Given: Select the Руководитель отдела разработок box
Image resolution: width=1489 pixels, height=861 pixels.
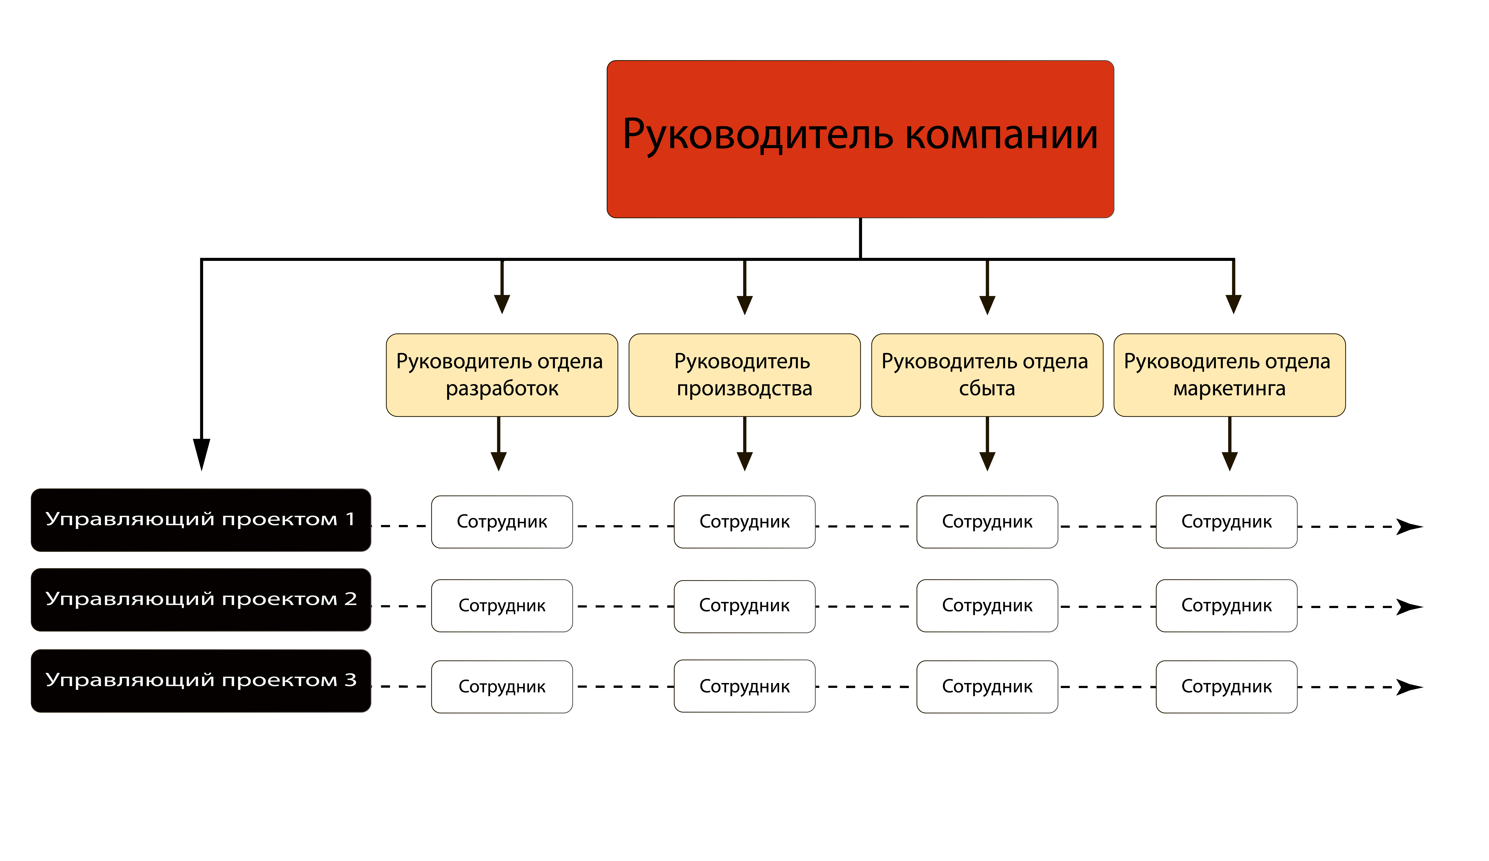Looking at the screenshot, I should coord(502,375).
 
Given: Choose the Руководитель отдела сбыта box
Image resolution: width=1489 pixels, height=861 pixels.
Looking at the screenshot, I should coord(987,375).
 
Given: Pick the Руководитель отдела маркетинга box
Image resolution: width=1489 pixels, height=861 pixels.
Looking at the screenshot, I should coord(1229,375).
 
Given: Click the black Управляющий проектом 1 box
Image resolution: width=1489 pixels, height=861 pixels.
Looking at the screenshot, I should coord(201,520).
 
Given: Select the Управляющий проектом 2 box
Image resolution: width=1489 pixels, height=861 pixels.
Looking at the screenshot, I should coord(201,599).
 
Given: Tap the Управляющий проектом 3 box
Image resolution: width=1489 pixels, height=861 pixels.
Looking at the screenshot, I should coord(201,680).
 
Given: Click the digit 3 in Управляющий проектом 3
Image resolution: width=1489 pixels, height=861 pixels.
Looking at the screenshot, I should coord(350,680).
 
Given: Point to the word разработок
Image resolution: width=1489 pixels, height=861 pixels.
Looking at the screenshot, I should coord(502,389).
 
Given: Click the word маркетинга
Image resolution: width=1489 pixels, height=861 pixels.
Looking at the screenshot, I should coord(1229,389).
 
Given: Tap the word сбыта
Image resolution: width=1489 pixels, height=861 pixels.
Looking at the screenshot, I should coord(987,389).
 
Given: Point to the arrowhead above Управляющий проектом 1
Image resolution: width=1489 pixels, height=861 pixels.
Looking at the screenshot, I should coord(201,453).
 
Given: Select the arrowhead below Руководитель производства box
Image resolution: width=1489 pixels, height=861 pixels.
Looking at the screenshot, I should coord(744,461).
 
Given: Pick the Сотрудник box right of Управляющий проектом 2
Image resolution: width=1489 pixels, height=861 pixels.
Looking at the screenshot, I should coord(502,605).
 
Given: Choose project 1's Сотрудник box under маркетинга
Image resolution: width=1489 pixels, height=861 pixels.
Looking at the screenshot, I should coord(1226,521).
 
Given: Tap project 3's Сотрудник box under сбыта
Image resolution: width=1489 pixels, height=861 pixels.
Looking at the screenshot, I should coord(987,686).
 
